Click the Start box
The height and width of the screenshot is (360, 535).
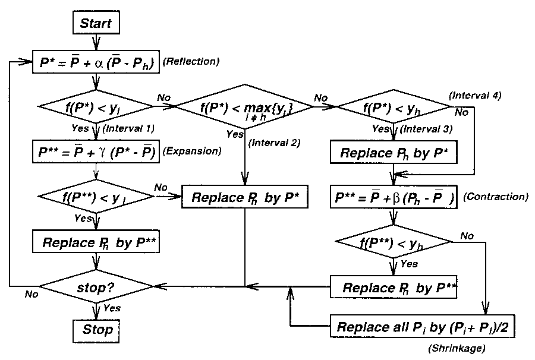tap(96, 24)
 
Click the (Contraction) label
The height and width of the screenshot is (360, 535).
tap(495, 197)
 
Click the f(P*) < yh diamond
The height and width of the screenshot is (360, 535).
tap(393, 108)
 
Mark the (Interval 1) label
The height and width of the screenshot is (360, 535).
tap(128, 129)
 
